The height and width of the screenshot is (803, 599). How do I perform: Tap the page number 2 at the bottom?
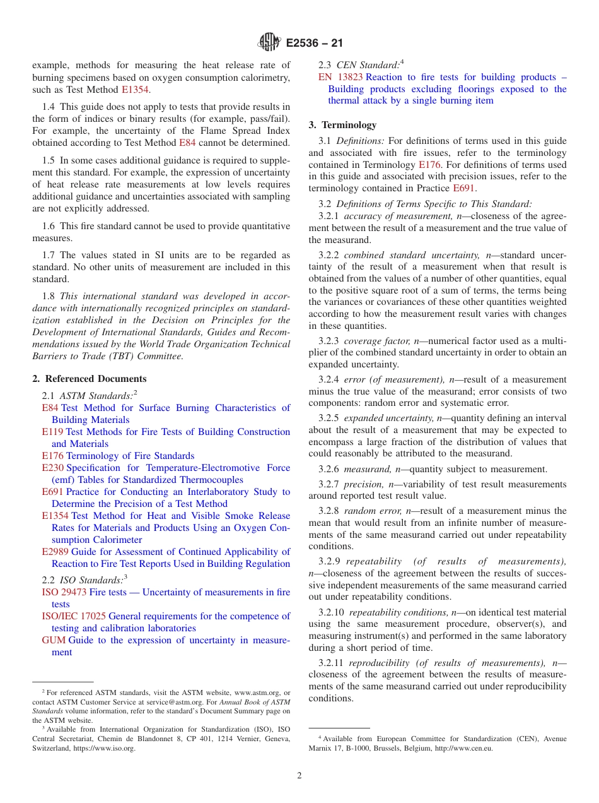(299, 776)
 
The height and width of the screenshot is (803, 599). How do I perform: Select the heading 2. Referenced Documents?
(90, 379)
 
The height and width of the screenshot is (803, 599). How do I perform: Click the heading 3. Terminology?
(342, 125)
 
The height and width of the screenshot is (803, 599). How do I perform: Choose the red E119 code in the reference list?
(52, 432)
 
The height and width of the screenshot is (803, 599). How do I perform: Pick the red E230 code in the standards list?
(52, 468)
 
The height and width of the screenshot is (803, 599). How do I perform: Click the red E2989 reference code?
(55, 552)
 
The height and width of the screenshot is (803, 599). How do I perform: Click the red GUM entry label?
(54, 640)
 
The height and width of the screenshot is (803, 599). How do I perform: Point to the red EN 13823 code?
(340, 77)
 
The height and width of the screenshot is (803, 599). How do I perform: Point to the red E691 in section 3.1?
(460, 188)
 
